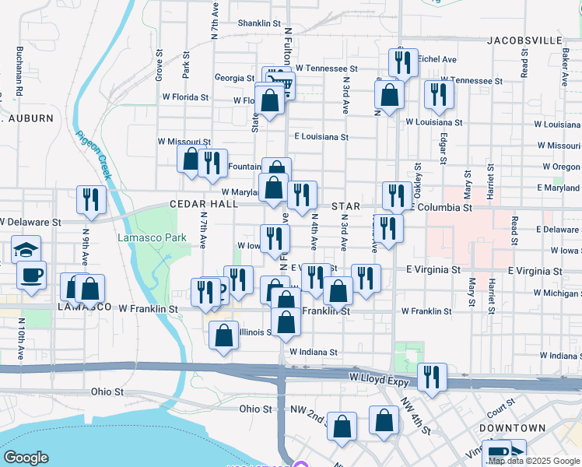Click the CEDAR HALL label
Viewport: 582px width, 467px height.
click(x=204, y=204)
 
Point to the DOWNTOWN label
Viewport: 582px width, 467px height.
click(x=512, y=429)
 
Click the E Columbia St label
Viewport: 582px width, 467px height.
click(x=441, y=209)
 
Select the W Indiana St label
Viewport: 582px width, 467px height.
click(x=313, y=352)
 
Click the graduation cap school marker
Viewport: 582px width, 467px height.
click(x=26, y=250)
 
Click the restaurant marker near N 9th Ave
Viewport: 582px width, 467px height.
click(x=91, y=199)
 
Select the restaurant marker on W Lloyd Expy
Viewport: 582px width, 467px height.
click(x=432, y=377)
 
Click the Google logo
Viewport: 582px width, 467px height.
click(x=26, y=458)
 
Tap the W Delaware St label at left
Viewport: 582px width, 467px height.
click(x=30, y=222)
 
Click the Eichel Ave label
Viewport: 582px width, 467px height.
click(x=437, y=59)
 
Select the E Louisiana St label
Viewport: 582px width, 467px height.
click(x=321, y=137)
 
